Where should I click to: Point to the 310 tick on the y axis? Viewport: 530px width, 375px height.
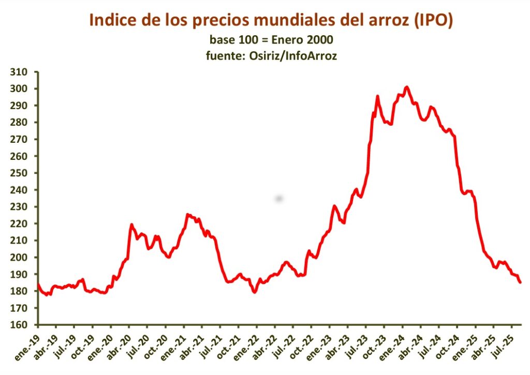point(23,72)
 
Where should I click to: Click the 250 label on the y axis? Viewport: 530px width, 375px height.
point(23,173)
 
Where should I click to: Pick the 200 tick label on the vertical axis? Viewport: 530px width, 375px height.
point(23,257)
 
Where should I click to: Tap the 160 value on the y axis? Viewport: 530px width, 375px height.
point(23,325)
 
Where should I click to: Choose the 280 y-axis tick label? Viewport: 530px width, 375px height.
point(23,123)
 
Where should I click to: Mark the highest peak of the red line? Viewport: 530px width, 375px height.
point(406,87)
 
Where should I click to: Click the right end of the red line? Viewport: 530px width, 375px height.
point(520,282)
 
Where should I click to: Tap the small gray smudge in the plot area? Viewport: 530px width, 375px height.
point(279,198)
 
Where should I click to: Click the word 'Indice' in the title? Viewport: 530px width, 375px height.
point(110,20)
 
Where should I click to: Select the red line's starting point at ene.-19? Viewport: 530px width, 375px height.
point(38,283)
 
